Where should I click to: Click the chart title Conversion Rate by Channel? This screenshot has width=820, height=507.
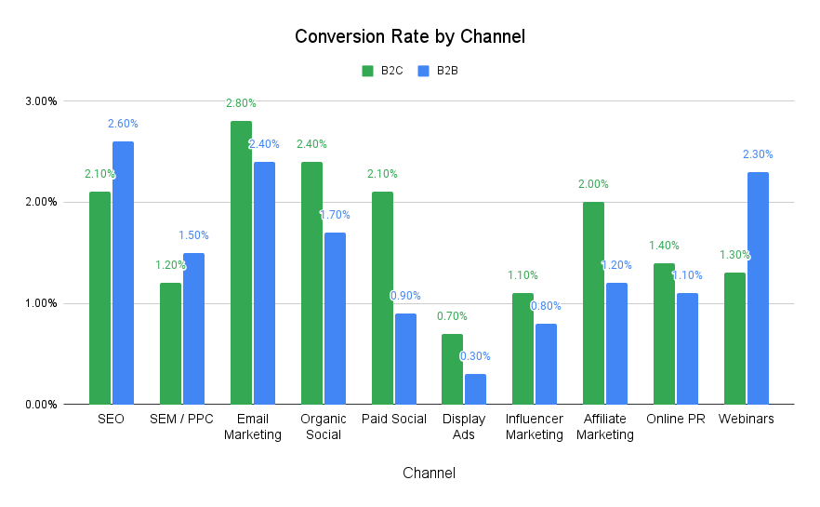[410, 37]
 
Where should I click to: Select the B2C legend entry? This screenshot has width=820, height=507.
[382, 70]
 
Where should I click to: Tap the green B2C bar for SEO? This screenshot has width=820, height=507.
[99, 298]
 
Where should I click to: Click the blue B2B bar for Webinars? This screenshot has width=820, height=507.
[758, 288]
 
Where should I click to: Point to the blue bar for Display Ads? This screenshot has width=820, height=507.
[475, 389]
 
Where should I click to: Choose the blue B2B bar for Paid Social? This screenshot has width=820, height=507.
[405, 358]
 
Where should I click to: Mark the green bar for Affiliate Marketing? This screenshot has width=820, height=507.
[593, 302]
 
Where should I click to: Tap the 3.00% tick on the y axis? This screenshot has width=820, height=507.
[41, 100]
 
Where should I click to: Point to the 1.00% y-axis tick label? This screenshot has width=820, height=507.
[41, 303]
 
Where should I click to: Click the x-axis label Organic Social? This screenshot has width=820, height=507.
[323, 427]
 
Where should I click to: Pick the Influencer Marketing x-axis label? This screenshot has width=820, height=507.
[534, 427]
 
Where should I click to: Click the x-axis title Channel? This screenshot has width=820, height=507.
[429, 474]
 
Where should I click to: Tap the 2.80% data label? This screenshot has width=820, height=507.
[241, 103]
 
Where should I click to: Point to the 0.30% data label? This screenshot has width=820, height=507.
[475, 356]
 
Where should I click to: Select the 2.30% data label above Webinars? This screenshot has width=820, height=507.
[758, 154]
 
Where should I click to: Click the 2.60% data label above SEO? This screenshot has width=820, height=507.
[123, 124]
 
